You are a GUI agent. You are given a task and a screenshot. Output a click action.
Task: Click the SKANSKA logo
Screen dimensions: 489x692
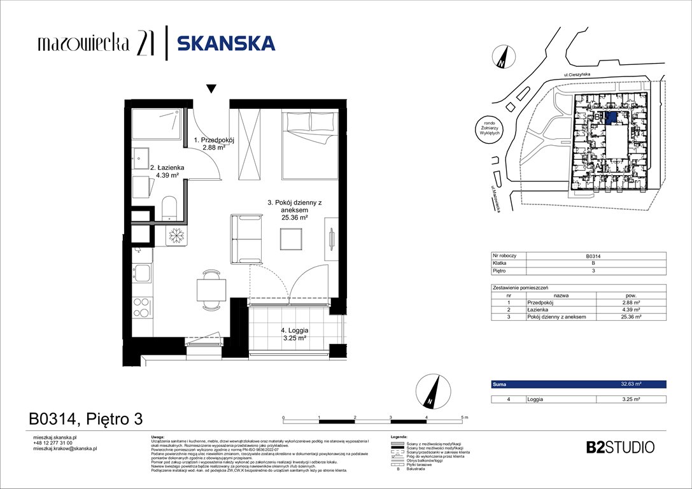tap(226, 43)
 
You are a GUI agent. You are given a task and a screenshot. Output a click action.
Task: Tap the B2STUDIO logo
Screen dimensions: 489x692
tap(619, 447)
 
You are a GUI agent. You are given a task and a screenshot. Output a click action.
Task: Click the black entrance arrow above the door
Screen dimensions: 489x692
tap(211, 89)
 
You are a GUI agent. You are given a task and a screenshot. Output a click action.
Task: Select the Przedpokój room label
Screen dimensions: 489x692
tap(215, 143)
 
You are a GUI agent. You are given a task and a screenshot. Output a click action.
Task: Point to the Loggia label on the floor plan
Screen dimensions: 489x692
tap(294, 334)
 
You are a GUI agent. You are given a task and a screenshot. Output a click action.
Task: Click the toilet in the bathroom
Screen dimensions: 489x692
tap(170, 207)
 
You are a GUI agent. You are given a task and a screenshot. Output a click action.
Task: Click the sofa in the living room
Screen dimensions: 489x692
tap(246, 239)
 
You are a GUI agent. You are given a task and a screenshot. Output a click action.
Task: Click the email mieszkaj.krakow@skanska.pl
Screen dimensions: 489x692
tap(64, 448)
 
